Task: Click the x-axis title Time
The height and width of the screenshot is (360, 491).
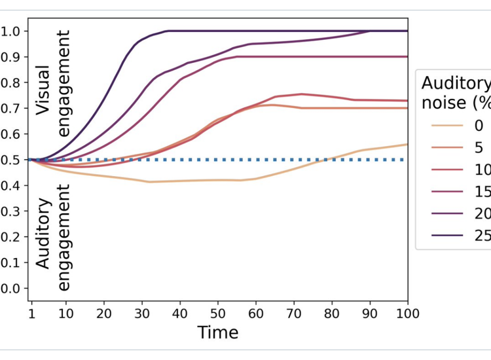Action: pos(219,332)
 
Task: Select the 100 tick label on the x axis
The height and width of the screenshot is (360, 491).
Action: pos(407,314)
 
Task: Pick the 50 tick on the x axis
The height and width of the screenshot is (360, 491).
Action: pos(218,314)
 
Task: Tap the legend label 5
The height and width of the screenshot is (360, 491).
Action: pos(477,148)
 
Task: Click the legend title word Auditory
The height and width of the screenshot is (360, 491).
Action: pos(456,83)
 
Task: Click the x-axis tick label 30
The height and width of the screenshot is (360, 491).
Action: pos(143,314)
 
